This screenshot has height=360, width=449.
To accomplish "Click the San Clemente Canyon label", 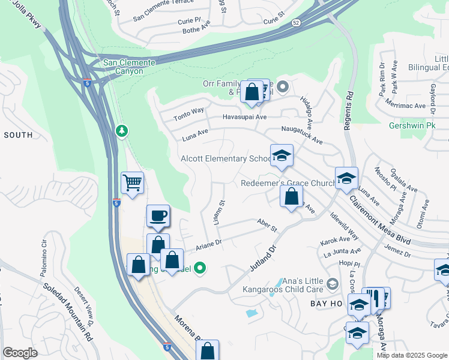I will tap(129, 67).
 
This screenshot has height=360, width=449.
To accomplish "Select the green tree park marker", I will tap(122, 130).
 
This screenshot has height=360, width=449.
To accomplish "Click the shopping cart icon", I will tap(132, 182).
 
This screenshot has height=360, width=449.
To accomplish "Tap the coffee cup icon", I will tap(158, 215).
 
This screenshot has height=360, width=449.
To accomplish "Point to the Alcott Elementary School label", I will tap(227, 159).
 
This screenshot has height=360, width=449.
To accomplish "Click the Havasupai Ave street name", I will tap(244, 117).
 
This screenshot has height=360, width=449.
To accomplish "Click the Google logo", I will tap(20, 353).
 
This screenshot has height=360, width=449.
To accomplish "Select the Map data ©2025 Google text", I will tap(411, 355).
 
